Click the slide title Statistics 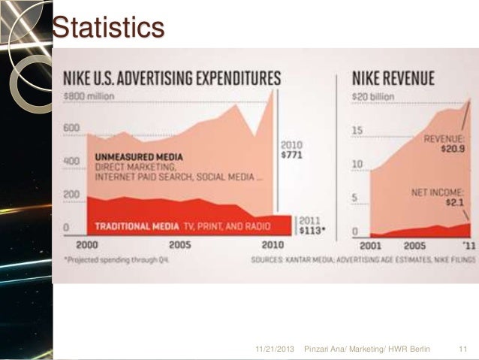[x=107, y=28]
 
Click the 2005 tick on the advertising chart [x=179, y=245]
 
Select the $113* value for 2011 [x=312, y=229]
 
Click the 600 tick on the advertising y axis [x=71, y=128]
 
